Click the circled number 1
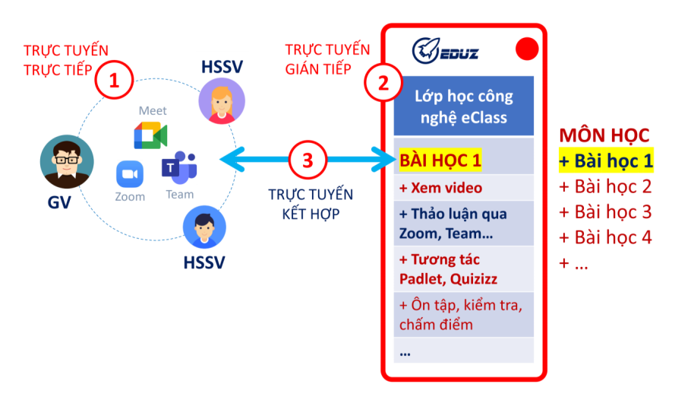(115, 81)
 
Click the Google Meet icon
(150, 135)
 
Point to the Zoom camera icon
(130, 175)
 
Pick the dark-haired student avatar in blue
(203, 229)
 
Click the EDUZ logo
(445, 50)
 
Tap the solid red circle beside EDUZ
(526, 49)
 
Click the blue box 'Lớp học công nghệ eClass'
(464, 106)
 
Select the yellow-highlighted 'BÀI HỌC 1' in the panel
(440, 160)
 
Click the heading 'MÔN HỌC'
(604, 135)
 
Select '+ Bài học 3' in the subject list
(605, 211)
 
